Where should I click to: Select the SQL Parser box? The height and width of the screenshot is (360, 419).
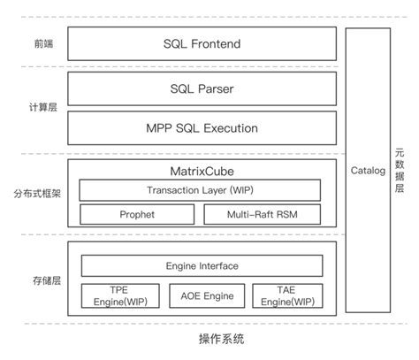point(202,88)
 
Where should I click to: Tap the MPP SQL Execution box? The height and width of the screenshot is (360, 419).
point(202,128)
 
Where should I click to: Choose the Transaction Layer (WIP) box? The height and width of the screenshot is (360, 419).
point(202,189)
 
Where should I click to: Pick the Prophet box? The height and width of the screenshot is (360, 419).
point(137,214)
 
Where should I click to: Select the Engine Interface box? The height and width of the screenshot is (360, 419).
point(202,265)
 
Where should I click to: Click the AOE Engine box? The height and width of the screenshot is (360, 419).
point(202,295)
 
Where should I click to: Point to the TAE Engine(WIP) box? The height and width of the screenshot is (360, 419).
point(286,295)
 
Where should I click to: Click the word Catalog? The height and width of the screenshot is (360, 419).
point(368,170)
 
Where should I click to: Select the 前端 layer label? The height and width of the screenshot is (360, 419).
point(42,43)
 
